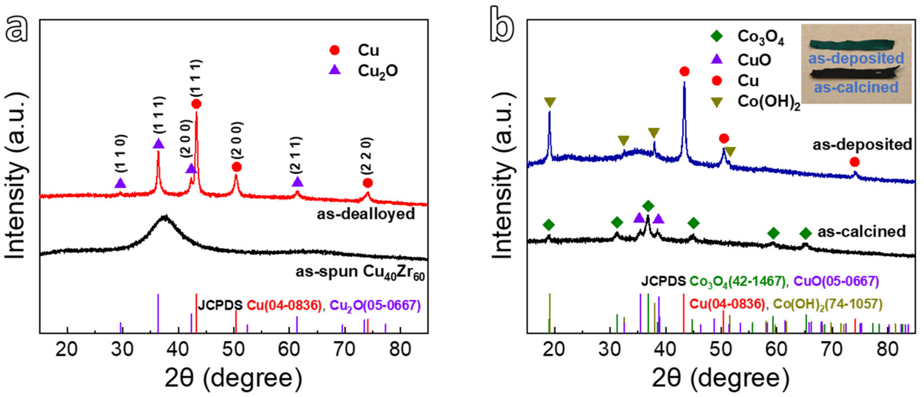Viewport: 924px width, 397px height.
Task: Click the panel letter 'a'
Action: [x=16, y=29]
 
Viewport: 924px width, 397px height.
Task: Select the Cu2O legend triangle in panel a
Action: [x=335, y=70]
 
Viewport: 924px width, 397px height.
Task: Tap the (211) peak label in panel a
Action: [x=297, y=156]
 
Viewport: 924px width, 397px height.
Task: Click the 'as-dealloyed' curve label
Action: [x=366, y=214]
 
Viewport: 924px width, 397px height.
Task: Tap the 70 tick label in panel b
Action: [x=832, y=349]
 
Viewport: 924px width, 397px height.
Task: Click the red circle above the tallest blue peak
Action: [x=684, y=72]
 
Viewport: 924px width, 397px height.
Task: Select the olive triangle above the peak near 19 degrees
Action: [x=550, y=102]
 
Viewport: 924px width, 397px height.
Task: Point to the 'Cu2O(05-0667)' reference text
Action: [x=375, y=306]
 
